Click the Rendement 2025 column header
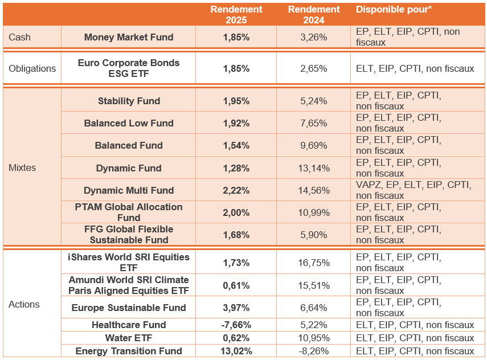[x=236, y=15]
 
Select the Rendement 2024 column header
[x=314, y=15]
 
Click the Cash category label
[x=20, y=38]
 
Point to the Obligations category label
[x=32, y=68]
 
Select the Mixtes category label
[x=22, y=168]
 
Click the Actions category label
[x=24, y=304]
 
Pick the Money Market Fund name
[x=129, y=38]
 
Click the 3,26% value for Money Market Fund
[x=314, y=38]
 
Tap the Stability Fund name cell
[x=129, y=101]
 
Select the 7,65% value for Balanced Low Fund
[x=314, y=123]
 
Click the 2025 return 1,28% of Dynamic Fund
[x=236, y=168]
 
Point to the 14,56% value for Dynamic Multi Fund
[x=314, y=190]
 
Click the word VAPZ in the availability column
[x=368, y=185]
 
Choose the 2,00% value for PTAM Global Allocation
[x=236, y=212]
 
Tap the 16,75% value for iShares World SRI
[x=314, y=263]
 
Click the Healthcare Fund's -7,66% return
[x=236, y=325]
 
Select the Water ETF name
[x=129, y=338]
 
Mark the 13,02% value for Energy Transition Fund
[x=236, y=351]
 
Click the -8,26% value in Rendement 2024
[x=314, y=351]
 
